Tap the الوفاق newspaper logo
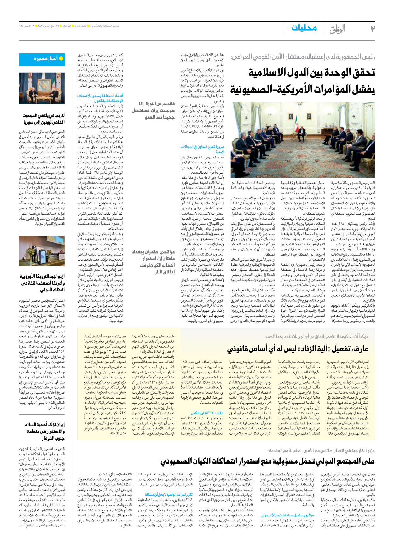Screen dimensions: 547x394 pos(337,29)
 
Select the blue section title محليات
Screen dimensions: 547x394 pos(304,28)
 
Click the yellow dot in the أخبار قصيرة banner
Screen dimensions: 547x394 pos(61,59)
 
